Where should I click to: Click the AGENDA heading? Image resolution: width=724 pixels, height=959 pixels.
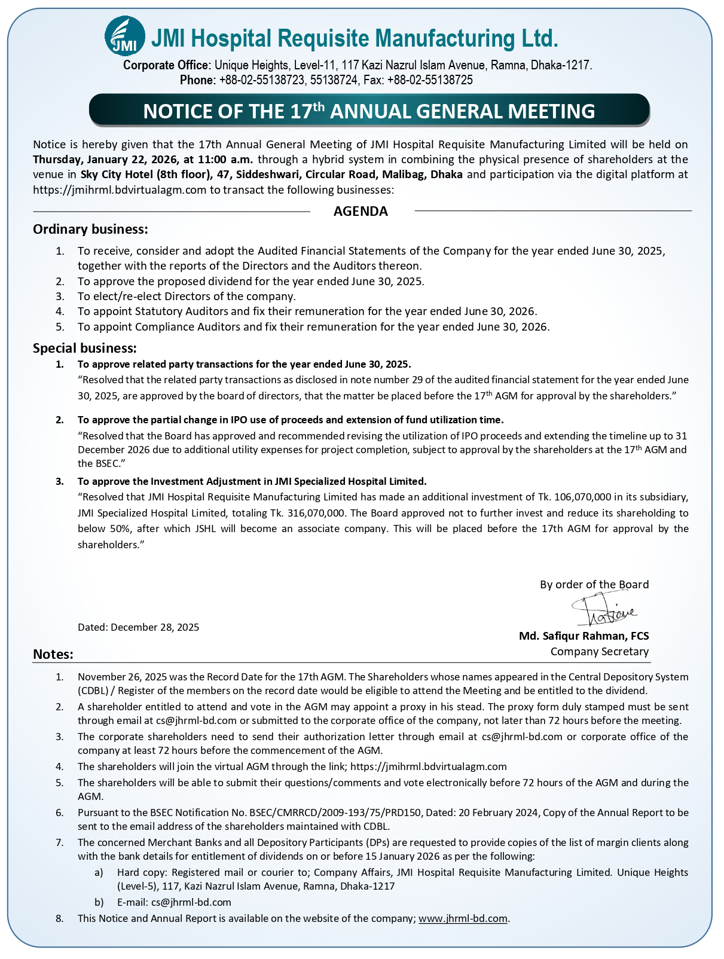[361, 211]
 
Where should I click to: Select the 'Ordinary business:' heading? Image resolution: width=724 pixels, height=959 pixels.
[90, 229]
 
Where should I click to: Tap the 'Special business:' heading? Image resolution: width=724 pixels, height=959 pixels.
[85, 348]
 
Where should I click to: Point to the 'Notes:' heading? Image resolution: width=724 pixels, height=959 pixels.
[53, 654]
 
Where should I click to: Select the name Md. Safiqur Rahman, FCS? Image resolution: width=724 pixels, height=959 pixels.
[584, 636]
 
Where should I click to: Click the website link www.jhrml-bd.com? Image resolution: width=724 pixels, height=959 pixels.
[463, 918]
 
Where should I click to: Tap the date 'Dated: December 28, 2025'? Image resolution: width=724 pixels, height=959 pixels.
[138, 627]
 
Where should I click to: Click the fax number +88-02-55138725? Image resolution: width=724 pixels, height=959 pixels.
[430, 80]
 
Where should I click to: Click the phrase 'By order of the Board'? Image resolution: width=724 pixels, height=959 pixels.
[594, 584]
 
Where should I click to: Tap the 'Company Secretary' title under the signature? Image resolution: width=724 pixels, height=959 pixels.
[599, 652]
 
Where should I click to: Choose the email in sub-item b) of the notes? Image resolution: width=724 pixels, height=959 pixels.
[191, 902]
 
